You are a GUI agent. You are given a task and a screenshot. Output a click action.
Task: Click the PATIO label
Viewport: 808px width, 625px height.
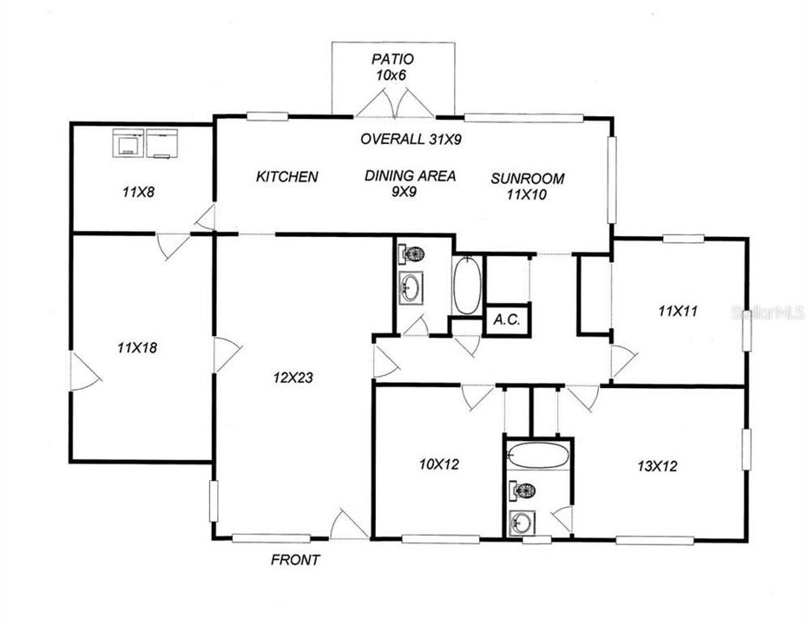393,60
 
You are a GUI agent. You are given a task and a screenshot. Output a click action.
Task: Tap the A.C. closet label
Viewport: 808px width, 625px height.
506,320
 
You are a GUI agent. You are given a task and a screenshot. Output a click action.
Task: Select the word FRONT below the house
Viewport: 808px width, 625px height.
295,560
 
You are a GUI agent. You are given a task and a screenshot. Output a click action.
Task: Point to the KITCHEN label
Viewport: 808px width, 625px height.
286,177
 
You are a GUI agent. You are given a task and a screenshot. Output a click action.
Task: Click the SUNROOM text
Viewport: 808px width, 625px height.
527,179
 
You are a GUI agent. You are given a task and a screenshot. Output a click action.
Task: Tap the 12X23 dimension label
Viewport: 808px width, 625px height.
293,378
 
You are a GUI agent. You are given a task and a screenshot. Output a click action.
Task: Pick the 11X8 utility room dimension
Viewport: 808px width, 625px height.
139,193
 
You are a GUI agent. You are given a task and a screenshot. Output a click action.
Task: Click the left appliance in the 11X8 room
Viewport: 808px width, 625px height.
128,143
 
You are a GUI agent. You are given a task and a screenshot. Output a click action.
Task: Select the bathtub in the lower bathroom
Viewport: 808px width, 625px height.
538,456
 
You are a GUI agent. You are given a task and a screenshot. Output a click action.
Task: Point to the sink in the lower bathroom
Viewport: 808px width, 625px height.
523,522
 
